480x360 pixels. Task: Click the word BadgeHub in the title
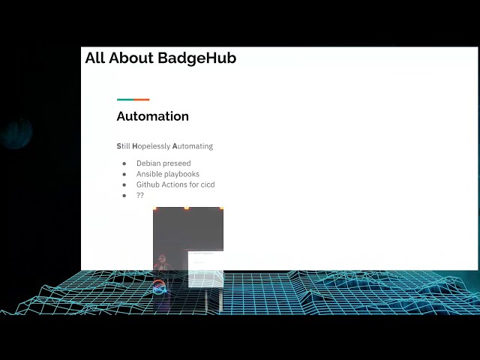(x=197, y=58)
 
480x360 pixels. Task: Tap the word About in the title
(x=131, y=58)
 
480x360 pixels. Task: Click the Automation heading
(x=152, y=116)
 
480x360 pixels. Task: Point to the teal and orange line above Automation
(x=133, y=100)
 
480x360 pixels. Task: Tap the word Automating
(x=193, y=146)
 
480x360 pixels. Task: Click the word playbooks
(x=183, y=174)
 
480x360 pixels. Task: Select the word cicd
(x=207, y=184)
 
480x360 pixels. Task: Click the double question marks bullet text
(x=140, y=195)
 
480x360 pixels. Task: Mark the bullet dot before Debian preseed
(x=124, y=163)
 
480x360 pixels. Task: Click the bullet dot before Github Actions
(x=124, y=184)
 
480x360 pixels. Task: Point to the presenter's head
(x=162, y=260)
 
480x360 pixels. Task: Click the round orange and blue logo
(x=159, y=287)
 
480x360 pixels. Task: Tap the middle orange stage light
(x=187, y=208)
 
